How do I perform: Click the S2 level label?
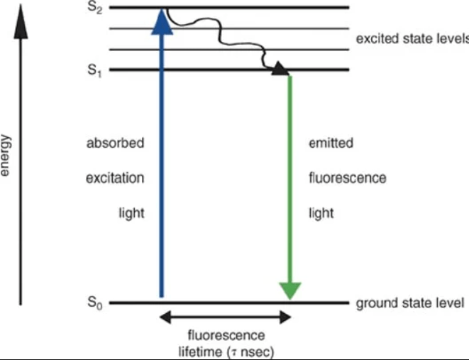(x=95, y=8)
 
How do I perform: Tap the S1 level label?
(x=95, y=71)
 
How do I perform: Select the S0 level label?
(x=95, y=302)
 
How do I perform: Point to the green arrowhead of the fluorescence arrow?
(x=289, y=291)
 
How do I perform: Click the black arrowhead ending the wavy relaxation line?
(x=280, y=68)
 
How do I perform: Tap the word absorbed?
(x=115, y=143)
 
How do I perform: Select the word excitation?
(x=115, y=178)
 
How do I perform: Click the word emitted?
(x=331, y=143)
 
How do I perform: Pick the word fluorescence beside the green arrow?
(x=348, y=178)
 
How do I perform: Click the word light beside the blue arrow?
(x=131, y=213)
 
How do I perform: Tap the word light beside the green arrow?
(x=321, y=213)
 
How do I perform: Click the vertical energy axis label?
(x=5, y=156)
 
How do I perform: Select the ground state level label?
(x=410, y=303)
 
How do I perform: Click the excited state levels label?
(x=412, y=39)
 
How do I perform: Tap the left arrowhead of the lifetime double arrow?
(x=165, y=317)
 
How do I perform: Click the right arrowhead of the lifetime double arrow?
(x=286, y=317)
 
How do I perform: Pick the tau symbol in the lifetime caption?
(x=235, y=352)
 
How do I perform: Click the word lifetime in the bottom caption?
(x=200, y=351)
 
